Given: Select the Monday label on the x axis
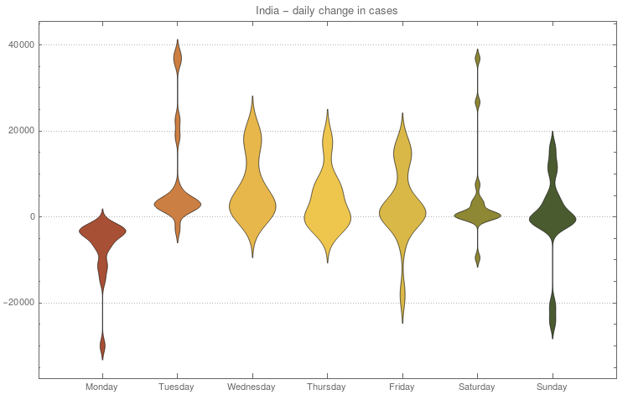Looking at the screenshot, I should pyautogui.click(x=102, y=387).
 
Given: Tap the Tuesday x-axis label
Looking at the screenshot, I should pyautogui.click(x=177, y=387).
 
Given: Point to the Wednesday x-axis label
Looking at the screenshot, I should pyautogui.click(x=252, y=387).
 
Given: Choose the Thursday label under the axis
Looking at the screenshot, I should pyautogui.click(x=327, y=387).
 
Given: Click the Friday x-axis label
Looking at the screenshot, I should pyautogui.click(x=402, y=387).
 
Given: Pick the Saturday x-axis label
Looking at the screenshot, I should pyautogui.click(x=477, y=387).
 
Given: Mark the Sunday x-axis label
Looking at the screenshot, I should pyautogui.click(x=552, y=387).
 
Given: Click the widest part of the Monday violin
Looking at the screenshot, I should pyautogui.click(x=102, y=230).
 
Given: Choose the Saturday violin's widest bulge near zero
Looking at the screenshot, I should pyautogui.click(x=477, y=215).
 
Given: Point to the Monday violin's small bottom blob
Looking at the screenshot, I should pyautogui.click(x=102, y=344).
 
